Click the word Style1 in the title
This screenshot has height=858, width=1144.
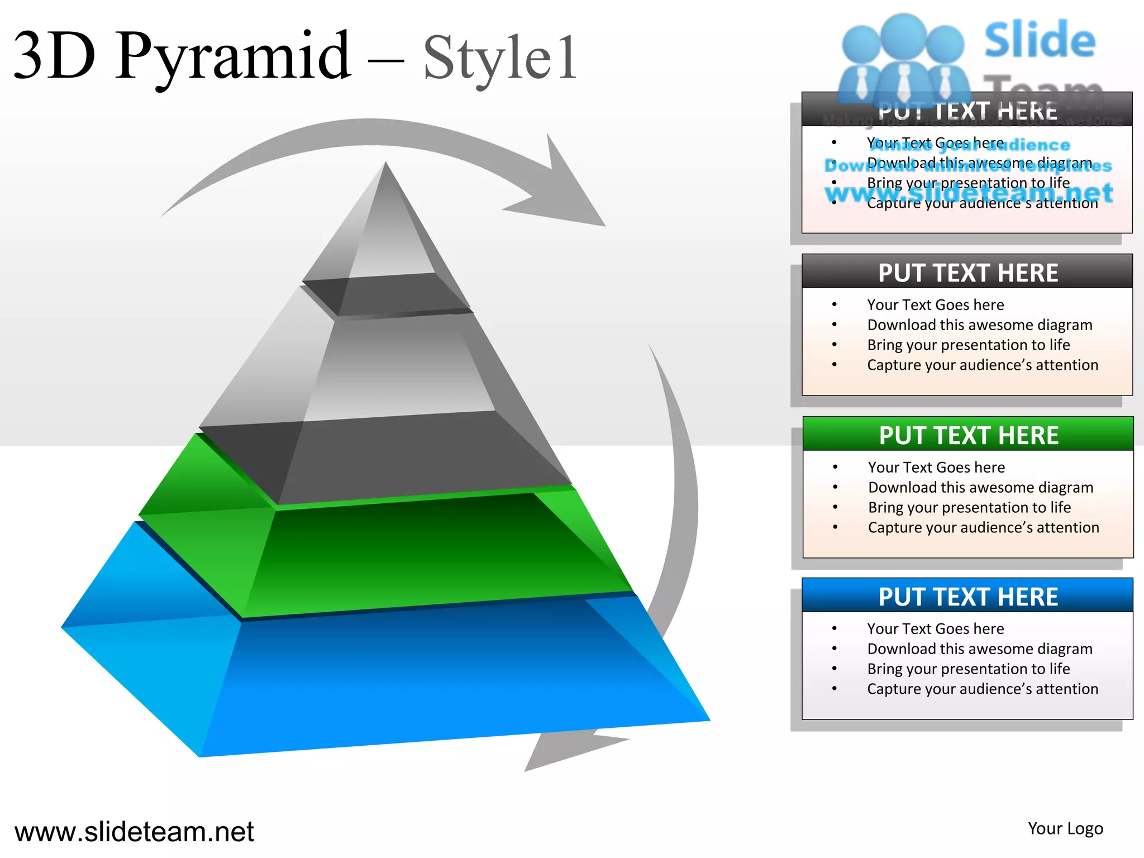(500, 58)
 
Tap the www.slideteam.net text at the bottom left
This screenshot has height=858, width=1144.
(134, 832)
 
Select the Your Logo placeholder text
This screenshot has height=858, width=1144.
(1065, 828)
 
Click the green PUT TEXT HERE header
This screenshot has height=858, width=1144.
(968, 435)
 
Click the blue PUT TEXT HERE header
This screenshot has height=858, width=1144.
(967, 597)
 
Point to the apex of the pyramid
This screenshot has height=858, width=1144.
(385, 165)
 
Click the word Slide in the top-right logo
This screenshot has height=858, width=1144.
(1039, 40)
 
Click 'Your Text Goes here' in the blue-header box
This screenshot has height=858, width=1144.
(935, 629)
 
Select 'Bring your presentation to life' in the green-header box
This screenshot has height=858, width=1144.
(969, 507)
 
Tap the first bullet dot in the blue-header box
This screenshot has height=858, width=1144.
(835, 629)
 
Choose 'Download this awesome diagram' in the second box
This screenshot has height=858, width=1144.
(979, 325)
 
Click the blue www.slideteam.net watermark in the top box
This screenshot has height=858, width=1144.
(968, 193)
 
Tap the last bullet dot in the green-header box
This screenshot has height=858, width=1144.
(835, 527)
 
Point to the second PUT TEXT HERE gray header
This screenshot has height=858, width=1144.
(967, 273)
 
